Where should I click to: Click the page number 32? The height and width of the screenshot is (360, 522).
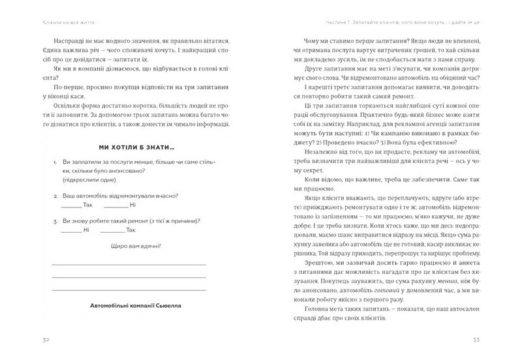[x=27, y=340]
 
